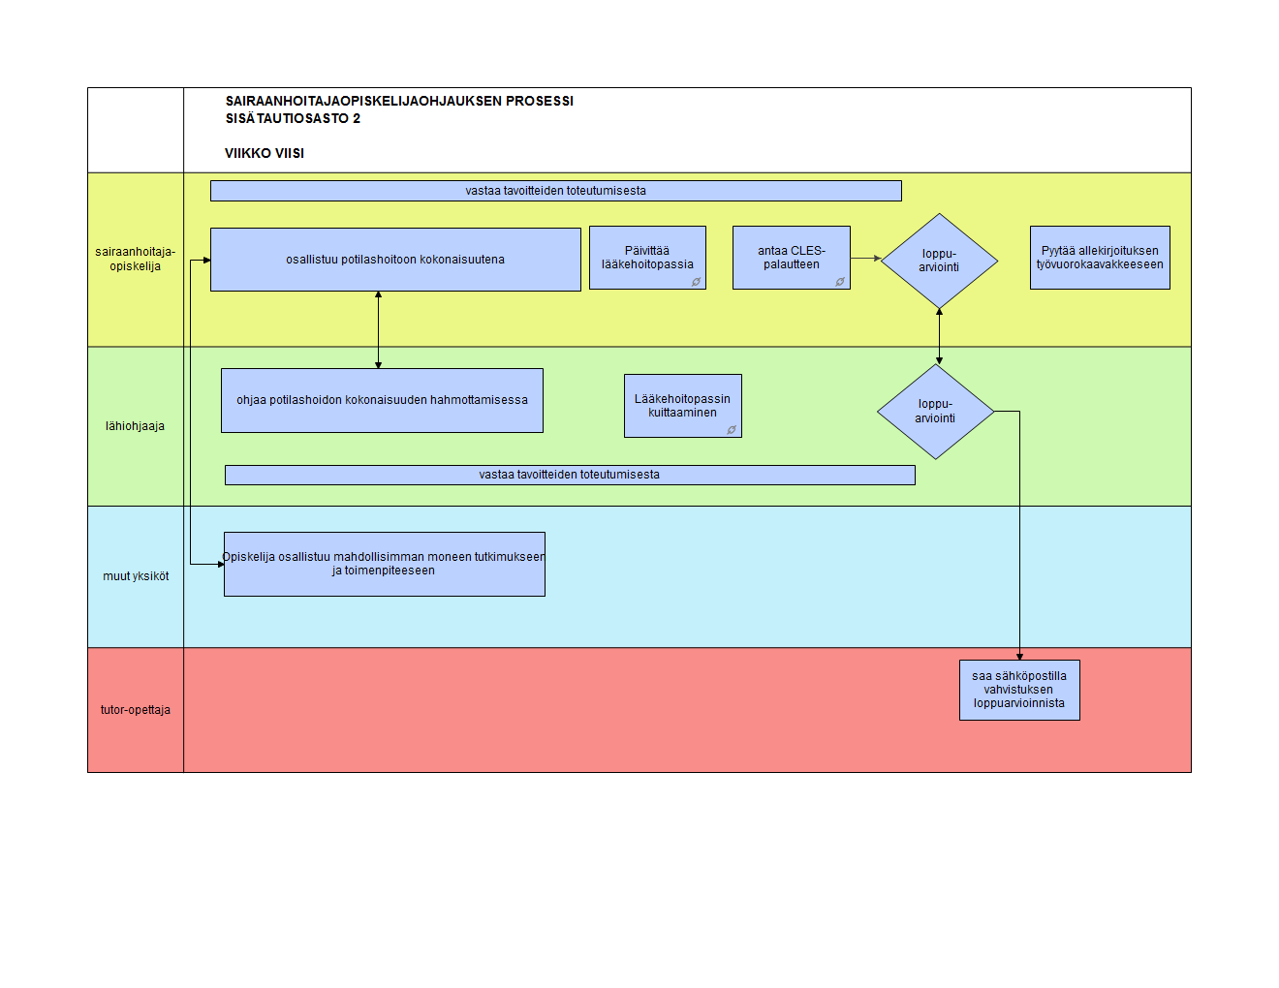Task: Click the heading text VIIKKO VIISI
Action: (x=265, y=154)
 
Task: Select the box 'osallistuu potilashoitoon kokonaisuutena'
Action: (x=395, y=260)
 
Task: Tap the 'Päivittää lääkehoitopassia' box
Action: (x=647, y=258)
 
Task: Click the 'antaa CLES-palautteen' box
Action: (x=791, y=258)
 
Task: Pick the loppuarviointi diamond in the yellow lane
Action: (x=939, y=261)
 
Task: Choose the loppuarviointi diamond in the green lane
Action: (x=935, y=412)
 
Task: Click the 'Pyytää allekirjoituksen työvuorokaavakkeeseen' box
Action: (x=1100, y=258)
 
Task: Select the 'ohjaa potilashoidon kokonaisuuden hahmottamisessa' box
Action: (x=382, y=401)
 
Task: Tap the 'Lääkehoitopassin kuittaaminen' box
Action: (x=683, y=406)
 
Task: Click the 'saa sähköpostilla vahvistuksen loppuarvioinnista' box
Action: (x=1019, y=690)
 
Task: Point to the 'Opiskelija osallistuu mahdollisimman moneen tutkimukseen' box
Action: (x=385, y=565)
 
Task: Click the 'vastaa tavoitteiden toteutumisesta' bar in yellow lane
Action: (x=555, y=191)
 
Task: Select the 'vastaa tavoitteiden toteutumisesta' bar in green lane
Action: (x=570, y=475)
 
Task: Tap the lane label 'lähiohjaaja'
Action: (x=135, y=426)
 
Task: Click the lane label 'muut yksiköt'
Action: (x=136, y=576)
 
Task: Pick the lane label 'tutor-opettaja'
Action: (x=136, y=710)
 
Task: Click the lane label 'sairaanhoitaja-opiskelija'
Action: (x=136, y=259)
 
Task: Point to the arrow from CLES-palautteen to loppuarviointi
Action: (x=865, y=259)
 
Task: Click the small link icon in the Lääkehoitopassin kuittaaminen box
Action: (x=732, y=429)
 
